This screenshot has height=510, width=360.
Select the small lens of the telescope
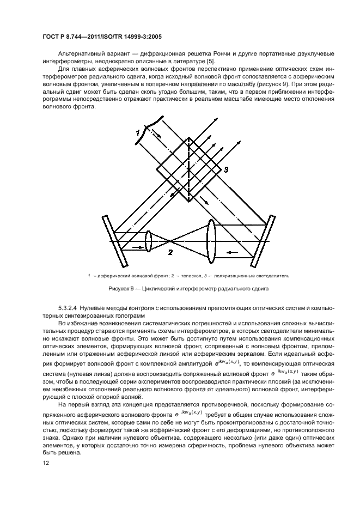point(148,241)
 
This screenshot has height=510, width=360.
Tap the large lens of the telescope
point(212,241)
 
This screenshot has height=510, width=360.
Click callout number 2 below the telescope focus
point(170,252)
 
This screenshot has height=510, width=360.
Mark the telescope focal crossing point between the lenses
point(170,240)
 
